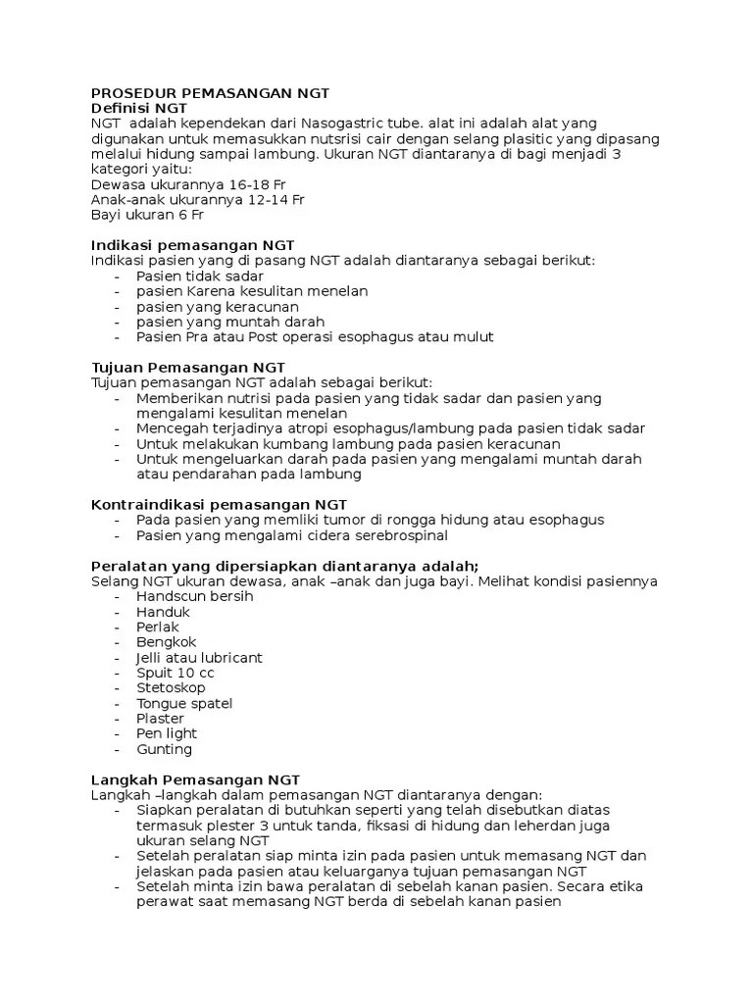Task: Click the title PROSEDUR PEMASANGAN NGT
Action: [210, 93]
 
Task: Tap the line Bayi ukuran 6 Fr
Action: [147, 215]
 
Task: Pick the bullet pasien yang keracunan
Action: [218, 306]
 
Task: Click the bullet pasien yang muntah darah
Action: [229, 322]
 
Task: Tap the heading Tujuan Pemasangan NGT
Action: [187, 367]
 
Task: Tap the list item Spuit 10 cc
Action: [175, 673]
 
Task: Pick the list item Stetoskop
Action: [171, 687]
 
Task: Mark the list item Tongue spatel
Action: [184, 703]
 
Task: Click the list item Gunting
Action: [164, 749]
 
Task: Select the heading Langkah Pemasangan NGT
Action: [195, 778]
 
